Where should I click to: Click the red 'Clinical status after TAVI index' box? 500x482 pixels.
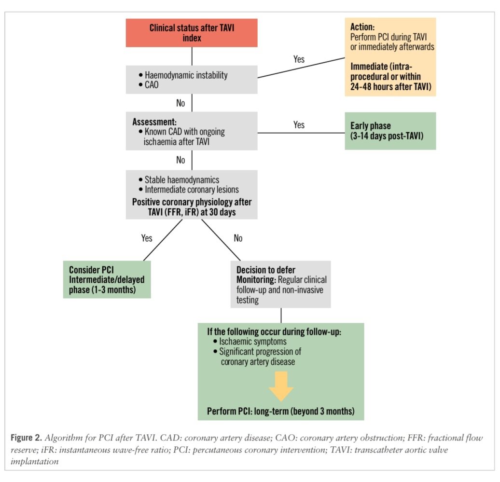192,33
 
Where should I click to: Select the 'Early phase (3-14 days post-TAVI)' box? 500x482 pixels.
390,131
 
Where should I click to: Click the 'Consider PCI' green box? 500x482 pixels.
107,279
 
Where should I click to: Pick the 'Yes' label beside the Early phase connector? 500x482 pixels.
299,124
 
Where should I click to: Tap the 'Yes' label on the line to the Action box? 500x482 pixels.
299,59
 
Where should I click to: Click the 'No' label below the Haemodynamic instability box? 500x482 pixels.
181,103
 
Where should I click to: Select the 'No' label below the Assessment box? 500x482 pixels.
181,160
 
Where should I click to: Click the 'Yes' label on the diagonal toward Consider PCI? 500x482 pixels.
147,238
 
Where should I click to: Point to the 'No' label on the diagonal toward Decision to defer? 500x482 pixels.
238,238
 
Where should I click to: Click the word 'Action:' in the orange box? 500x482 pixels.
362,27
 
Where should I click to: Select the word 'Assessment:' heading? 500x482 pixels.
154,122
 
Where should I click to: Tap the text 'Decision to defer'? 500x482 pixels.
265,270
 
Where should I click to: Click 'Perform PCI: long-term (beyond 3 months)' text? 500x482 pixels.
280,411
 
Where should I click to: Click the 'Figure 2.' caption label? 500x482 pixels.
27,437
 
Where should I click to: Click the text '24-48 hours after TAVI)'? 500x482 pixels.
390,87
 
